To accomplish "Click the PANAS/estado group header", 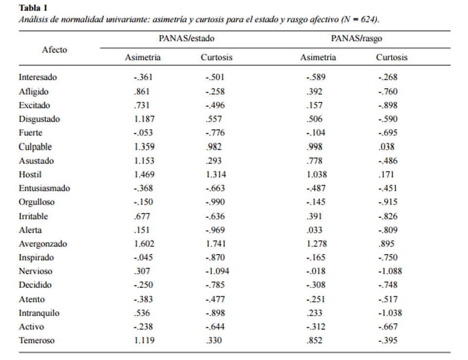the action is (x=187, y=38).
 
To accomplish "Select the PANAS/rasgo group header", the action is (x=356, y=38).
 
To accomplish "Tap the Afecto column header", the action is (x=55, y=50).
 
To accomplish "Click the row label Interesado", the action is (x=38, y=77).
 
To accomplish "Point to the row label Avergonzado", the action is (x=43, y=244).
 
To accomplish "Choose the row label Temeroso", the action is (x=37, y=341).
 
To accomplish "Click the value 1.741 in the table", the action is (x=216, y=244).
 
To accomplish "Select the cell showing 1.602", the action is (x=144, y=244).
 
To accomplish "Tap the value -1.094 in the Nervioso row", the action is (x=217, y=271).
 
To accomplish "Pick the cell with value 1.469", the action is (x=144, y=174).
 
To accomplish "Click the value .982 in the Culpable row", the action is (x=214, y=147).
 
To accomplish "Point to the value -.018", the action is (x=316, y=271).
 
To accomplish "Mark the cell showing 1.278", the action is (x=317, y=244).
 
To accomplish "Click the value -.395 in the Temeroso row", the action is (x=388, y=341).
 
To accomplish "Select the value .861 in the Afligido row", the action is (x=142, y=92).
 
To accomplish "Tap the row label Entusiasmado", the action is (x=44, y=188).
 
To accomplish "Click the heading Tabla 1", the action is (x=33, y=8).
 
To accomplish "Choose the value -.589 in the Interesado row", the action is (x=316, y=77).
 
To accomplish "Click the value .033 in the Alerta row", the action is (x=315, y=230).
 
